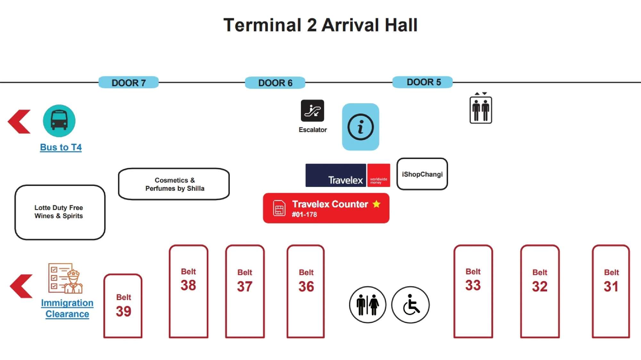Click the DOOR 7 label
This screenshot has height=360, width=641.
(x=129, y=83)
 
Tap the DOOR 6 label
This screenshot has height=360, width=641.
(x=275, y=83)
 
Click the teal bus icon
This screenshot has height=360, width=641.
(x=59, y=121)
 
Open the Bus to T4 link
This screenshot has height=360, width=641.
(x=61, y=147)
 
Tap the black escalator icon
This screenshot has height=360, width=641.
(x=312, y=111)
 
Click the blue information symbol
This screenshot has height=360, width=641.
(x=361, y=127)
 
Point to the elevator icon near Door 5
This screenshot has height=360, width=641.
(x=481, y=110)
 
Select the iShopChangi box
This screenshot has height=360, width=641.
(x=422, y=174)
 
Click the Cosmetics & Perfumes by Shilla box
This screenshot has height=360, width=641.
(x=174, y=184)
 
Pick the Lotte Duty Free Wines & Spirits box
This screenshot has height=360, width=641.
(x=60, y=212)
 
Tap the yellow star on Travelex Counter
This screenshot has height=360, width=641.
(x=377, y=204)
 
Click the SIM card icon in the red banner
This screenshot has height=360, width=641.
(x=279, y=208)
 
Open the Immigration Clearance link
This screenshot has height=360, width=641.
(x=67, y=308)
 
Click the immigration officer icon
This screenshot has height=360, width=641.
(x=66, y=278)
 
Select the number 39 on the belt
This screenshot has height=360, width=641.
(x=123, y=311)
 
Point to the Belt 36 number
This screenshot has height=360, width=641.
(x=306, y=286)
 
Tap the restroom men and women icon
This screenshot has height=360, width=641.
(x=368, y=305)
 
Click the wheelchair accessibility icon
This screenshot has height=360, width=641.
(x=411, y=305)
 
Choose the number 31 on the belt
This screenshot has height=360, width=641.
(x=611, y=286)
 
